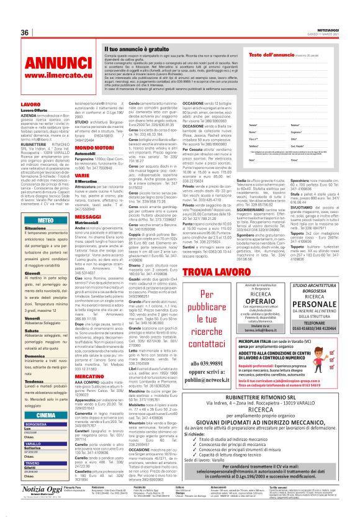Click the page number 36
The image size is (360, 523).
click(x=25, y=32)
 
